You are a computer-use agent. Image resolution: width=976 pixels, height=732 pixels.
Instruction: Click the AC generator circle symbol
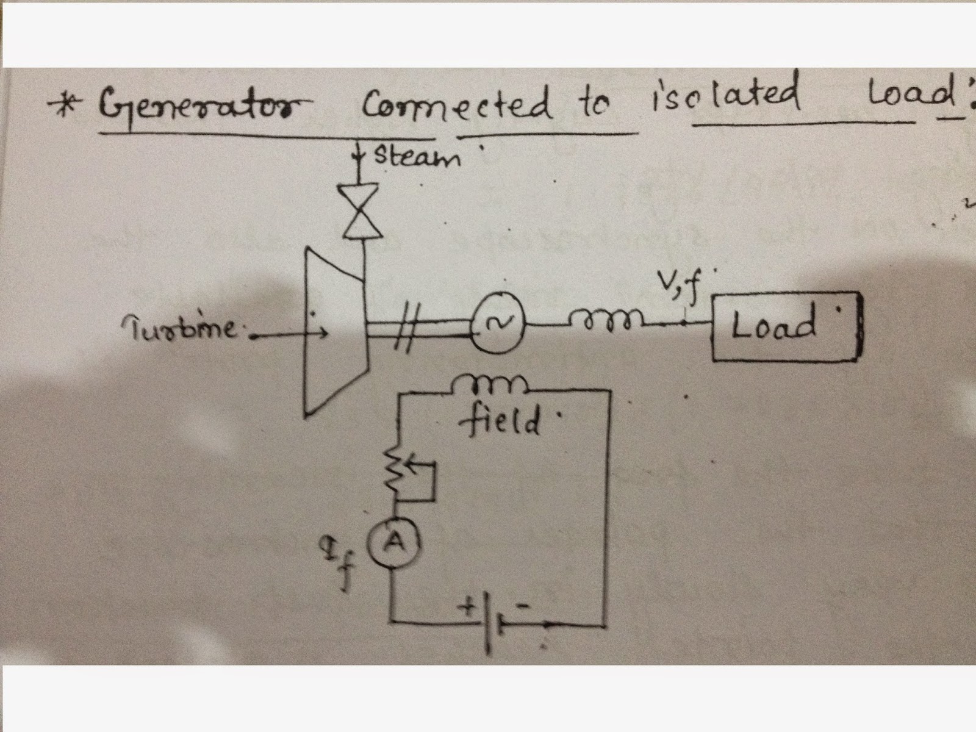point(498,324)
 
